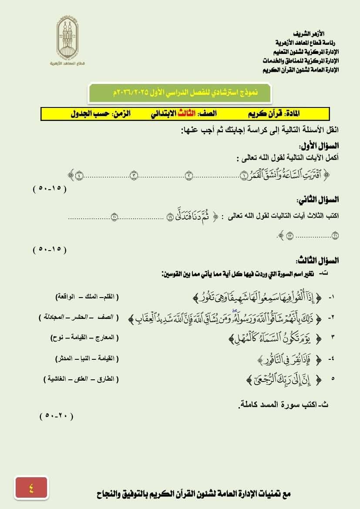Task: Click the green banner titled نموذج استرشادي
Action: tap(179, 93)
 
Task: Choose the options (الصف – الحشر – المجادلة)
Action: tap(78, 317)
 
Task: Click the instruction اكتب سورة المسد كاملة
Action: tap(284, 405)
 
